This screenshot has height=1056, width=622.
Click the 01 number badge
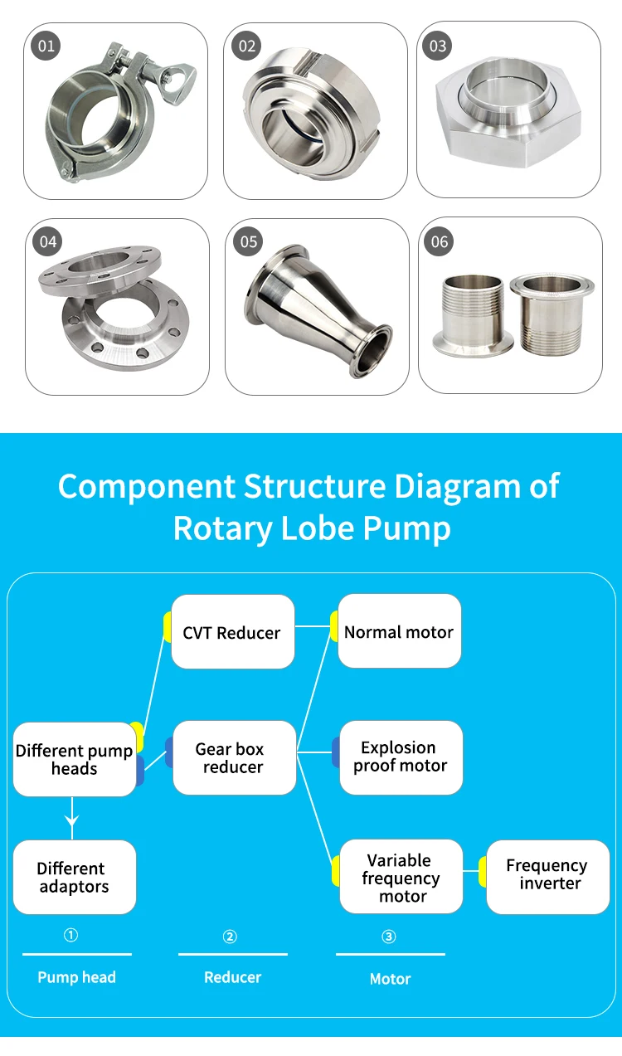tap(46, 46)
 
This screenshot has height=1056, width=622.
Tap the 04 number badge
tap(47, 241)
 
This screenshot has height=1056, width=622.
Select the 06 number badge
tap(439, 241)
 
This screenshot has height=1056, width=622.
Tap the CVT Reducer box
tap(233, 632)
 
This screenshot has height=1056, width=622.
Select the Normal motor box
tap(400, 630)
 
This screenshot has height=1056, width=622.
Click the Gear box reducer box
tap(235, 757)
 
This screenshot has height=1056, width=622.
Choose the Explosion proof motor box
tap(401, 757)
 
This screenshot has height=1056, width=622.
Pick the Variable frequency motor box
tap(401, 876)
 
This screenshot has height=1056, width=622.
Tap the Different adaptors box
tap(75, 878)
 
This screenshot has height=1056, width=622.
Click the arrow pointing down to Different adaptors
tap(72, 819)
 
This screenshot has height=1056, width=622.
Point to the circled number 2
tap(230, 937)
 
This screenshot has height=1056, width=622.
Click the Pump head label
tap(77, 977)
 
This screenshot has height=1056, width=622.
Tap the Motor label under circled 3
tap(390, 979)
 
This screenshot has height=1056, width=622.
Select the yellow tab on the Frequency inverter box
tap(483, 872)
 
